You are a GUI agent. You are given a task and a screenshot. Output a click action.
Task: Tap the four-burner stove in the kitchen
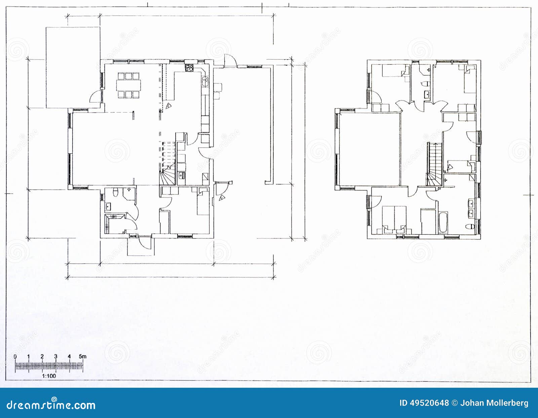[x=189, y=67]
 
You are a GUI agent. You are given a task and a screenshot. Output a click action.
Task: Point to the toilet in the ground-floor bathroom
[x=116, y=193]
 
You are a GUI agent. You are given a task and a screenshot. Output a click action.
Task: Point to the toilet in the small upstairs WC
[x=425, y=83]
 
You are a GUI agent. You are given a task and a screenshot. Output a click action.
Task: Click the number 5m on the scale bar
[x=82, y=356]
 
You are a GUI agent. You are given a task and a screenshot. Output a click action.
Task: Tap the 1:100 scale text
[x=49, y=376]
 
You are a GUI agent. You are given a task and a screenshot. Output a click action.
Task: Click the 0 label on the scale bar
[x=15, y=356]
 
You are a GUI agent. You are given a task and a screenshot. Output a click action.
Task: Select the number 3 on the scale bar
[x=55, y=356]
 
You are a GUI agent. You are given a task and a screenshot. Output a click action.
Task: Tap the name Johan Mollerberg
[x=494, y=403]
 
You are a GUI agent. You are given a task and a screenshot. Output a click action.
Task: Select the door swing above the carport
[x=230, y=61]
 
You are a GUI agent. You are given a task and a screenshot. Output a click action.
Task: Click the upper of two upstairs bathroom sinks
[x=471, y=203]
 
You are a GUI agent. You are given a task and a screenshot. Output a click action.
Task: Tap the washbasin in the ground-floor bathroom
[x=109, y=206]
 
